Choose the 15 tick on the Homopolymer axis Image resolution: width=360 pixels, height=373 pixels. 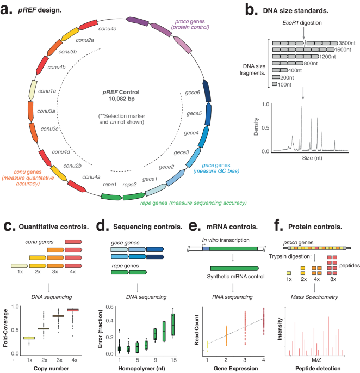coord(173,360)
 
